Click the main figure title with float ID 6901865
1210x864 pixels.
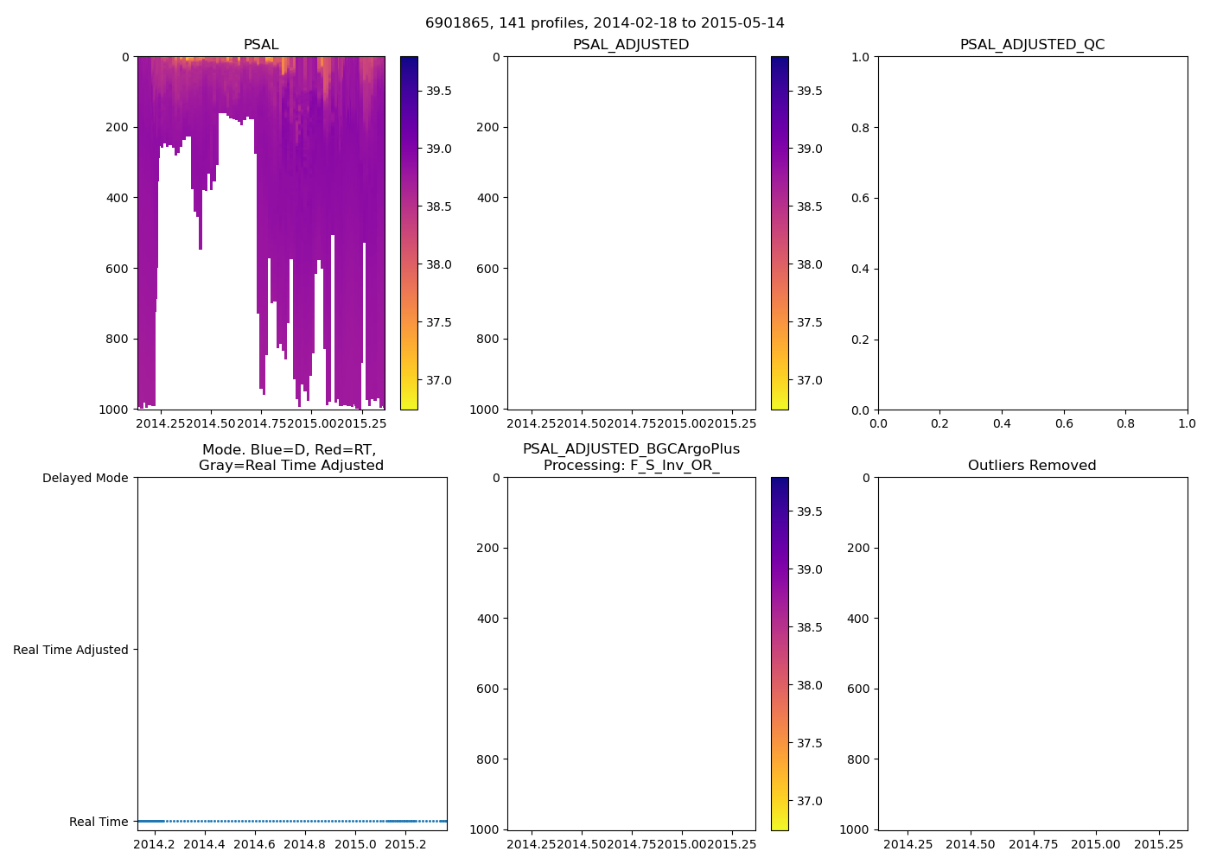pyautogui.click(x=605, y=22)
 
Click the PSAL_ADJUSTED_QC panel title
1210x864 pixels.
pyautogui.click(x=1032, y=44)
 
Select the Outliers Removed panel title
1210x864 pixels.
pyautogui.click(x=1032, y=465)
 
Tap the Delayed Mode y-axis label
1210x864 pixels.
pyautogui.click(x=85, y=478)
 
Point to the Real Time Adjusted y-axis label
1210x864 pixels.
pyautogui.click(x=71, y=650)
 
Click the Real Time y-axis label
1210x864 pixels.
pyautogui.click(x=99, y=822)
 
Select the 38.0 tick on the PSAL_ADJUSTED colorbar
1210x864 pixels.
pyautogui.click(x=809, y=264)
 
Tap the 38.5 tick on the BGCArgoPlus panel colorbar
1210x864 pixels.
pyautogui.click(x=809, y=627)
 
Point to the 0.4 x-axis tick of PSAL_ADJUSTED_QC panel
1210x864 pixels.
pyautogui.click(x=1002, y=423)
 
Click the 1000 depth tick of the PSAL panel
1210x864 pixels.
pyautogui.click(x=113, y=410)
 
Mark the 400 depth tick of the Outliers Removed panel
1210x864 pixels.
pyautogui.click(x=857, y=619)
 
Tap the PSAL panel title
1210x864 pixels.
pyautogui.click(x=261, y=44)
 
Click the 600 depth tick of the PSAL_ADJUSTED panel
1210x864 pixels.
pyautogui.click(x=487, y=269)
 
